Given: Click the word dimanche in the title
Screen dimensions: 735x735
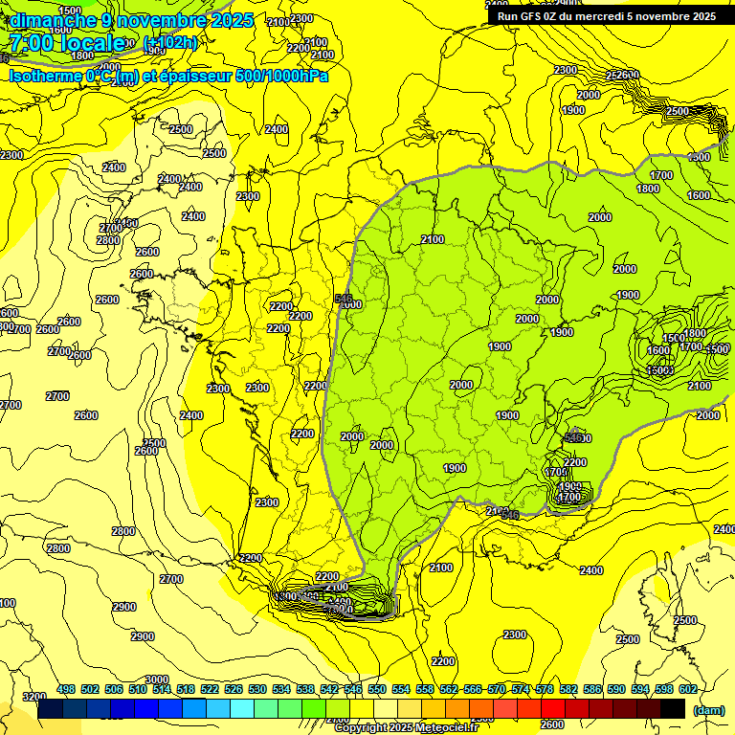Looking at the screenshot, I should pyautogui.click(x=53, y=20).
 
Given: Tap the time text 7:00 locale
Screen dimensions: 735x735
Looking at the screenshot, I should pyautogui.click(x=68, y=43).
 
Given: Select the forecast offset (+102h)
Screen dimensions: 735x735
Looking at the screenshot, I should pyautogui.click(x=170, y=43).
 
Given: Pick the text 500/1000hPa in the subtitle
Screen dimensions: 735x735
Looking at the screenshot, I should pyautogui.click(x=286, y=76).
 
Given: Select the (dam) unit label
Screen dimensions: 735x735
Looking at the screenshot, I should pyautogui.click(x=708, y=710).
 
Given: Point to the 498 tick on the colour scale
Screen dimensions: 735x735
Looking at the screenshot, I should pyautogui.click(x=66, y=689).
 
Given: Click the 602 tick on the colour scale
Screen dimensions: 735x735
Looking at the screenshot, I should pyautogui.click(x=688, y=689).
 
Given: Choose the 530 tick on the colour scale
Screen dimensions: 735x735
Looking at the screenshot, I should pyautogui.click(x=257, y=689).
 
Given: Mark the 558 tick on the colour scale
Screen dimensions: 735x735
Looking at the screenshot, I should pyautogui.click(x=425, y=689).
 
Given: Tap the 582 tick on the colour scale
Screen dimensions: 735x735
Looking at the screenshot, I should pyautogui.click(x=568, y=689).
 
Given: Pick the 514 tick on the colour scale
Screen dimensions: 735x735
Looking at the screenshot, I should pyautogui.click(x=162, y=689).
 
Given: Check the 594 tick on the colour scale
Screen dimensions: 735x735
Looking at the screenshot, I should pyautogui.click(x=640, y=689).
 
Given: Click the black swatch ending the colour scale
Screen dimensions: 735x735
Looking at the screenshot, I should pyautogui.click(x=673, y=709).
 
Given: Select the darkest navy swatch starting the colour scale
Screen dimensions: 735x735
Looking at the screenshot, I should pyautogui.click(x=50, y=709).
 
